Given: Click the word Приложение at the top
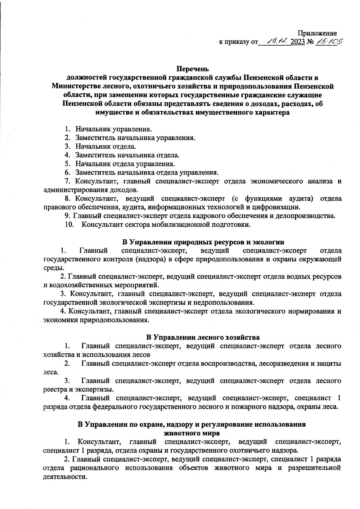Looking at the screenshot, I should point(317,34).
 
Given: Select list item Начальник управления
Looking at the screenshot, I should point(113,129).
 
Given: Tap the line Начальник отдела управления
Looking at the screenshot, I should point(125,164).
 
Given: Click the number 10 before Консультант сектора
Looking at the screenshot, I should point(70,224).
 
